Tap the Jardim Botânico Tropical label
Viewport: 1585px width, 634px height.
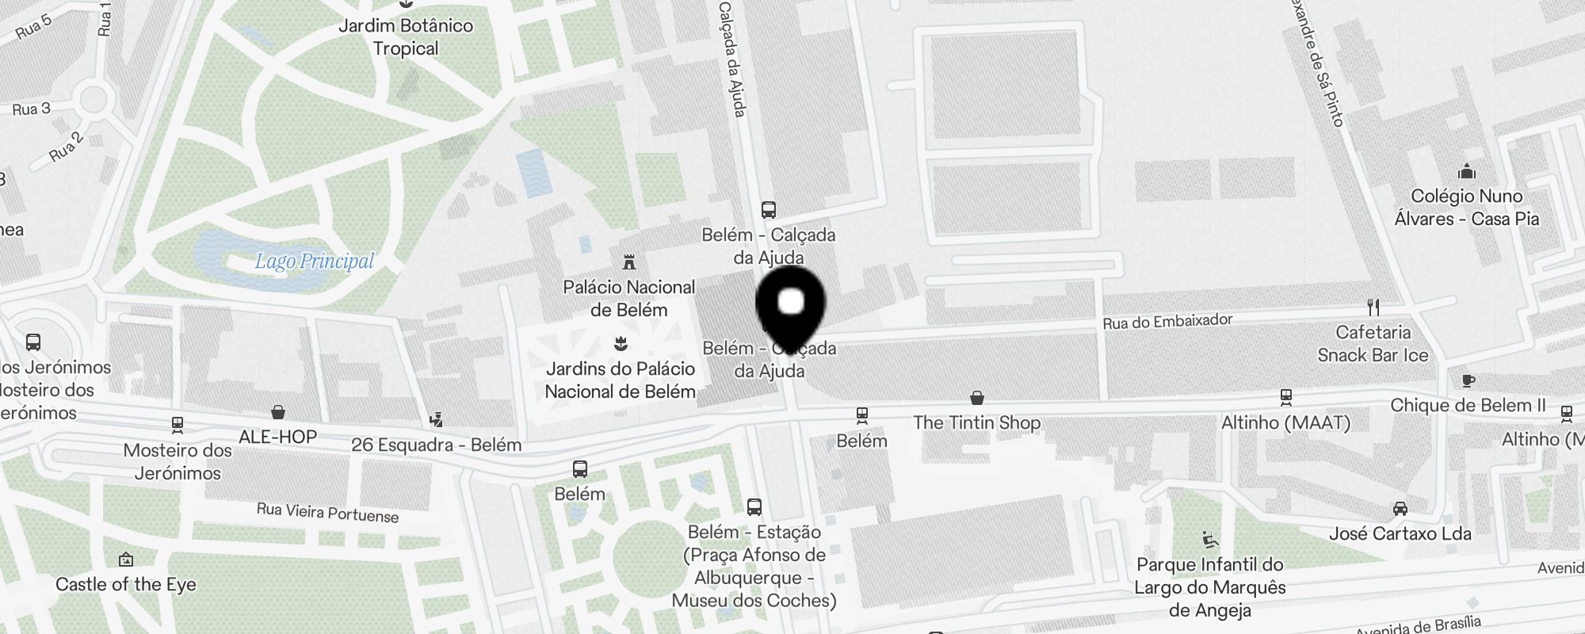[x=406, y=37]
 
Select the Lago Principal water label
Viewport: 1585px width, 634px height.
[x=314, y=261]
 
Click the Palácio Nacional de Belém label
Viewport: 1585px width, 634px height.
[x=629, y=298]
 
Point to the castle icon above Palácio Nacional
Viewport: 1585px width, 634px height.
[x=629, y=262]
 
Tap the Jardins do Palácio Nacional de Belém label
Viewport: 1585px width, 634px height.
[x=621, y=380]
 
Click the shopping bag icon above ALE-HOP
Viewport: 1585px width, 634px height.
[x=278, y=412]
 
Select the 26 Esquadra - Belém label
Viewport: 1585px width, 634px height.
[x=436, y=445]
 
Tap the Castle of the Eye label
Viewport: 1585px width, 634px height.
[x=126, y=585]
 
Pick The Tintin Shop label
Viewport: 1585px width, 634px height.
[x=976, y=422]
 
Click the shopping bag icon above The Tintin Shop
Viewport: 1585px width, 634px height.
[x=977, y=397]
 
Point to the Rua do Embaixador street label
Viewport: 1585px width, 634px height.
[x=1167, y=321]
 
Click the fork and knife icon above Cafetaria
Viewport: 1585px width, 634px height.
[x=1373, y=307]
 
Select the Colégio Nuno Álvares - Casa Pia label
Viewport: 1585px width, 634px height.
[x=1467, y=208]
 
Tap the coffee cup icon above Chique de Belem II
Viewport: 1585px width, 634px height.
[x=1468, y=381]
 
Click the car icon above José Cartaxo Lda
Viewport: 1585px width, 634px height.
[x=1400, y=509]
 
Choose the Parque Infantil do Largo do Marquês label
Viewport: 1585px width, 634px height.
[x=1209, y=587]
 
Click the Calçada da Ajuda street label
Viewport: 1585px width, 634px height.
[x=731, y=59]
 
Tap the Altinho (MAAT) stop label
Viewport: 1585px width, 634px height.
[x=1285, y=422]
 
